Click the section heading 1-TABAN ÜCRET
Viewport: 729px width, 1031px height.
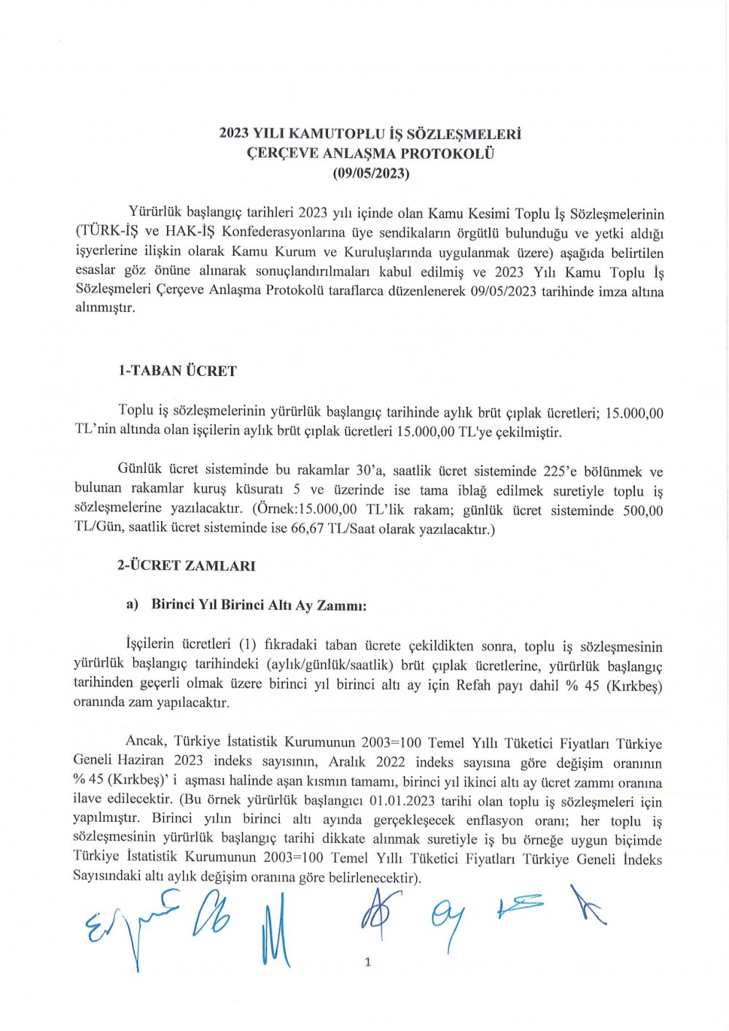click(177, 371)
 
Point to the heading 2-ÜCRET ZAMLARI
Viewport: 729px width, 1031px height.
click(186, 565)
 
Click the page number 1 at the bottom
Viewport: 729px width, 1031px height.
click(367, 963)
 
